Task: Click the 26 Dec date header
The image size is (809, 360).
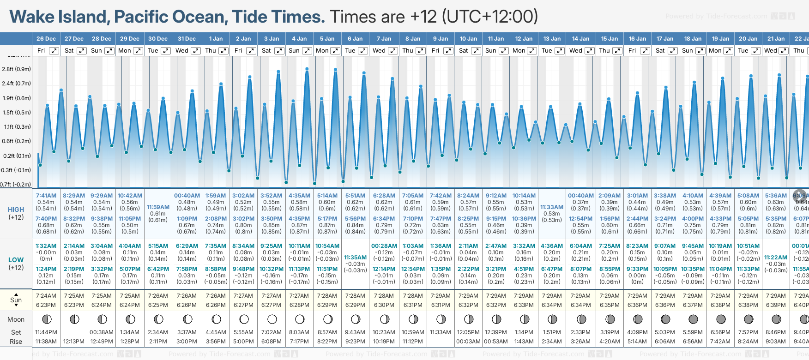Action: coord(46,39)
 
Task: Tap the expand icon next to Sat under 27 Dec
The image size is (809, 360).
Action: coord(82,51)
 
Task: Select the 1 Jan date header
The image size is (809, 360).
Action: coord(216,39)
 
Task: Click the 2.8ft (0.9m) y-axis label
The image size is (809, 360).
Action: coord(16,69)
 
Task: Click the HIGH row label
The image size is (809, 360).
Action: coord(16,210)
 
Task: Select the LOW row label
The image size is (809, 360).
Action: coord(16,260)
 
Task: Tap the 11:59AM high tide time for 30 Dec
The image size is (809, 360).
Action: coord(158,207)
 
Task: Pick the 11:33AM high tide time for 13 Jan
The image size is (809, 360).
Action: coord(552,207)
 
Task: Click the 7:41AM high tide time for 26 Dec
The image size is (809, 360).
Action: coord(46,196)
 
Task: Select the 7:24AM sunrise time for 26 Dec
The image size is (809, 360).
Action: coord(46,296)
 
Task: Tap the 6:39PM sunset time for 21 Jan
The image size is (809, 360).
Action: coord(776,305)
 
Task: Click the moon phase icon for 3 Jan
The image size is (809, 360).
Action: coord(272,319)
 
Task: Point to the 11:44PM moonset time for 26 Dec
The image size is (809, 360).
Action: coord(46,332)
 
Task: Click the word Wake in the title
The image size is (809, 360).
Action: coord(35,17)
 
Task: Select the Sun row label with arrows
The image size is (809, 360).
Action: coord(16,300)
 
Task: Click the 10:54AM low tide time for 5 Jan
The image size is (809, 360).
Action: coord(327,246)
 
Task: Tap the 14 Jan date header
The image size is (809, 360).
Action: coord(580,39)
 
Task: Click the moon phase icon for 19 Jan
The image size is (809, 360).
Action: coord(721,319)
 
